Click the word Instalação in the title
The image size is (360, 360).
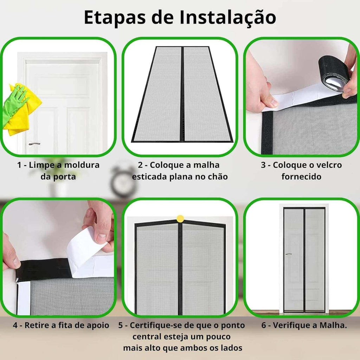[227, 18]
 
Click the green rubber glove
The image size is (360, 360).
[14, 103]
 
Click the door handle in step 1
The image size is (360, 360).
[34, 144]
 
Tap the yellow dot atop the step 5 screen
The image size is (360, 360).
[180, 219]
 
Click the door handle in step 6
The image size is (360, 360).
[289, 254]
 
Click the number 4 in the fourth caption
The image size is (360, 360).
[15, 325]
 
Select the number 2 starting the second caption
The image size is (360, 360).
[140, 165]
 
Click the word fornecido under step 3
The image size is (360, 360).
[301, 176]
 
